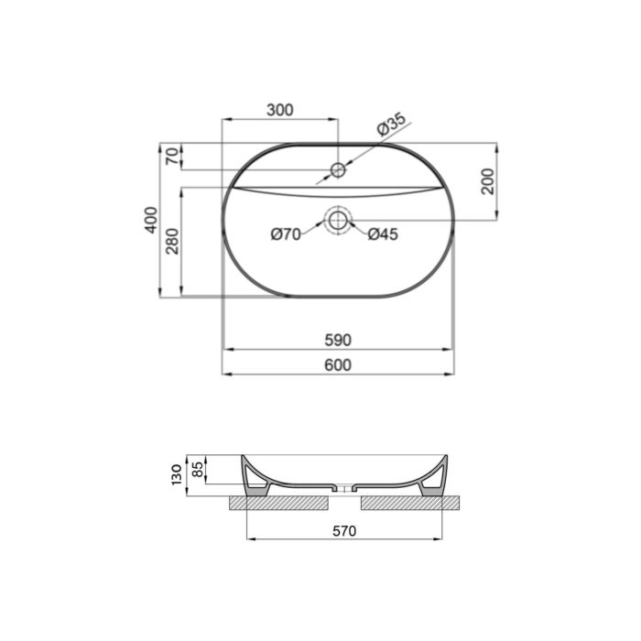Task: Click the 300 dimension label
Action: tap(279, 110)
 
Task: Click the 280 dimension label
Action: tap(170, 242)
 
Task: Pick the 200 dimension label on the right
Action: tap(487, 181)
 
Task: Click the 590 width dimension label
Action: tap(338, 340)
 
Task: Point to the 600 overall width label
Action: tap(338, 364)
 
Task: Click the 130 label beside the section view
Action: tap(176, 475)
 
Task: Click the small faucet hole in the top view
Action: tap(338, 169)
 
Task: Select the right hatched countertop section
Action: tap(412, 503)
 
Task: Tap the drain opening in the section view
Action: tap(344, 489)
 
